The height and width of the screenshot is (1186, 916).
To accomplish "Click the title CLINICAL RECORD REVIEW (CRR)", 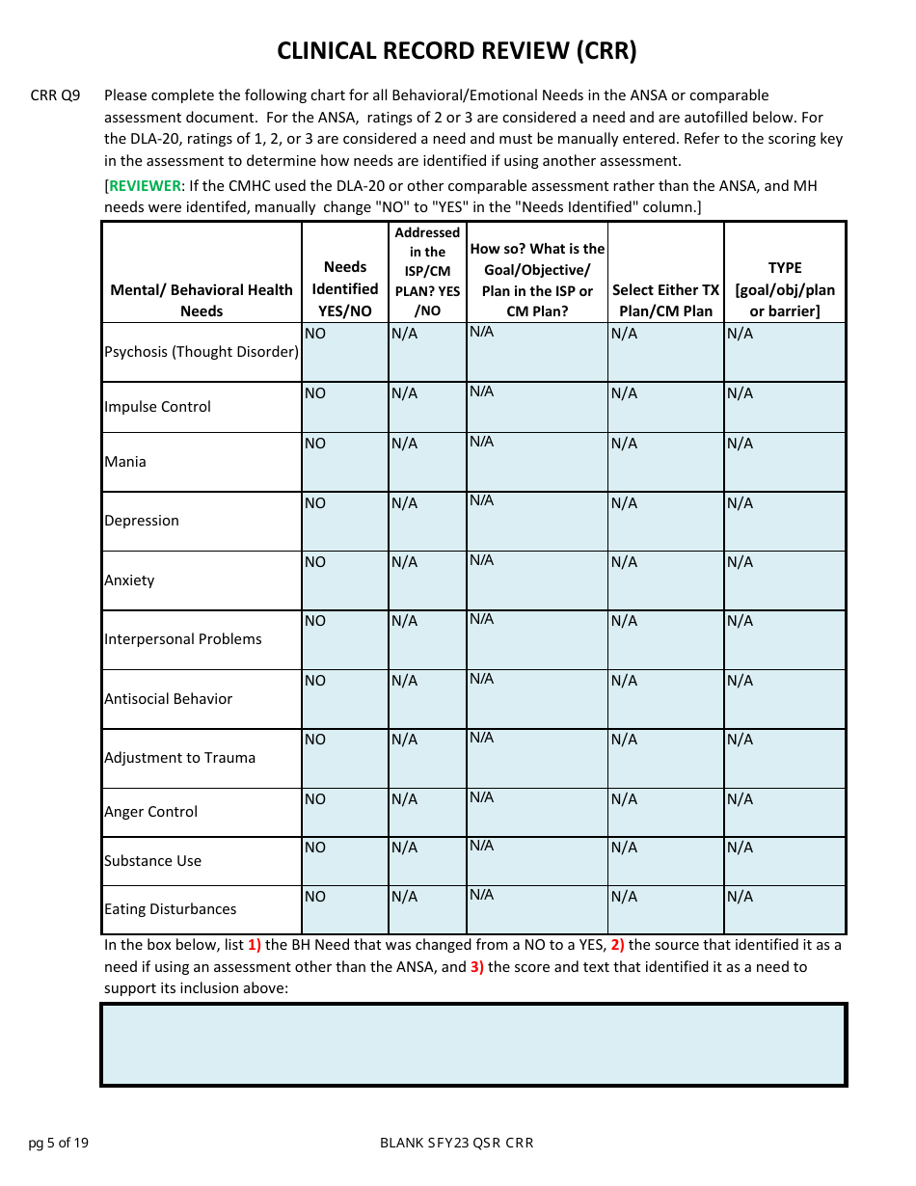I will [457, 51].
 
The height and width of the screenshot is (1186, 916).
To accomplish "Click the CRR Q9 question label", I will [55, 95].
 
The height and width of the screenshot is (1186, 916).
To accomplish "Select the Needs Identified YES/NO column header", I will [345, 288].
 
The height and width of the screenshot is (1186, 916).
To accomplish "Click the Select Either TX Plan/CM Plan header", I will [665, 300].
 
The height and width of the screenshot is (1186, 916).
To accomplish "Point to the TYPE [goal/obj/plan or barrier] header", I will [785, 288].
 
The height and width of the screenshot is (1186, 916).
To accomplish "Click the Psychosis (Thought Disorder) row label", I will [202, 352].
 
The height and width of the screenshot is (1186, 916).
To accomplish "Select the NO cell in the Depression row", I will [344, 521].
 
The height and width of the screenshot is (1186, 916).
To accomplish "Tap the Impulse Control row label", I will [157, 407].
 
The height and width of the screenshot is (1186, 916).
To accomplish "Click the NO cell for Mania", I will [344, 461].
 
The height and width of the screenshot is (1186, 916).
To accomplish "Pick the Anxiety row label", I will [129, 580].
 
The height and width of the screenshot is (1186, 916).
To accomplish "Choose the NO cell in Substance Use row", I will [344, 860].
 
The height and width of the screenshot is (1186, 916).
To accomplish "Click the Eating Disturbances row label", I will [170, 909].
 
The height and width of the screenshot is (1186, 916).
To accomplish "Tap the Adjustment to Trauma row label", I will [179, 758].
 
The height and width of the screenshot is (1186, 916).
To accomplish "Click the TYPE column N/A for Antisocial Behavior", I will [785, 698].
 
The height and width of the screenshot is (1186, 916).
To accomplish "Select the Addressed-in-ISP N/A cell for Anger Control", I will [427, 812].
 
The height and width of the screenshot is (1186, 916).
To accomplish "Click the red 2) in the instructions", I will [617, 945].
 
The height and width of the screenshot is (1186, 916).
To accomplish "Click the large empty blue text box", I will [473, 1045].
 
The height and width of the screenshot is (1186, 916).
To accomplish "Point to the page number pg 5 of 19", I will [59, 1144].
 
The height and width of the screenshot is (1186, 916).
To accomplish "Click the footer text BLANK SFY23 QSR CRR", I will [457, 1144].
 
